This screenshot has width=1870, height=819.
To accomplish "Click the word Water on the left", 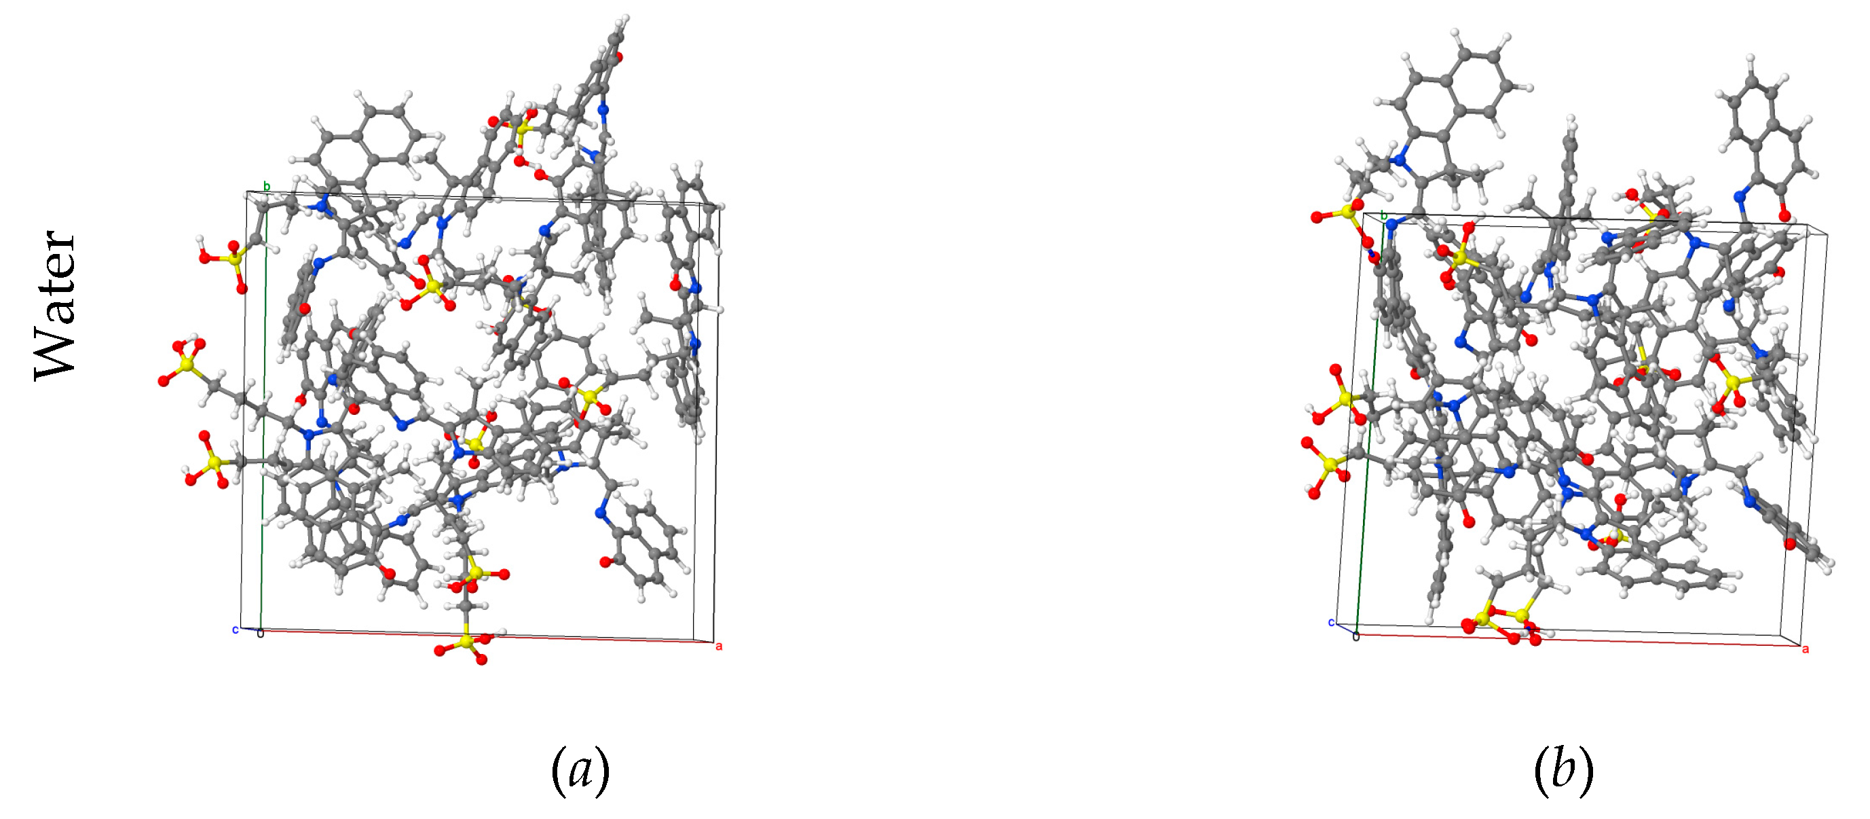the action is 55,305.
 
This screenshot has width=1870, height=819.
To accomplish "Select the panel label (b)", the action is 1563,770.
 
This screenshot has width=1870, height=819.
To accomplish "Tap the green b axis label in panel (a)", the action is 267,187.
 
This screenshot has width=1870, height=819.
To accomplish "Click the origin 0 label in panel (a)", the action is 261,634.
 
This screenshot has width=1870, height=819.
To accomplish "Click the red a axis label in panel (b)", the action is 1806,649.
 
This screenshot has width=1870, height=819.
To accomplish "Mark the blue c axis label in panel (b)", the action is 1330,622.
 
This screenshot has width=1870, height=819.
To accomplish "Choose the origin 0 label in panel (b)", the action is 1355,638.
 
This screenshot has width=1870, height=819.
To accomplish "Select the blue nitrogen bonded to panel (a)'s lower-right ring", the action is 600,513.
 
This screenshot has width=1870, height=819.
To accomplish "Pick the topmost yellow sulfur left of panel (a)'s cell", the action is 232,258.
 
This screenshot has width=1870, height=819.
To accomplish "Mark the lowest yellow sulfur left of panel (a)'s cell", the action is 212,461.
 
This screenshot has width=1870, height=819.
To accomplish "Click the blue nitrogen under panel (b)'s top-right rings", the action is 1740,196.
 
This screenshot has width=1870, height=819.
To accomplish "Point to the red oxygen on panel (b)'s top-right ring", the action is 1784,215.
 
